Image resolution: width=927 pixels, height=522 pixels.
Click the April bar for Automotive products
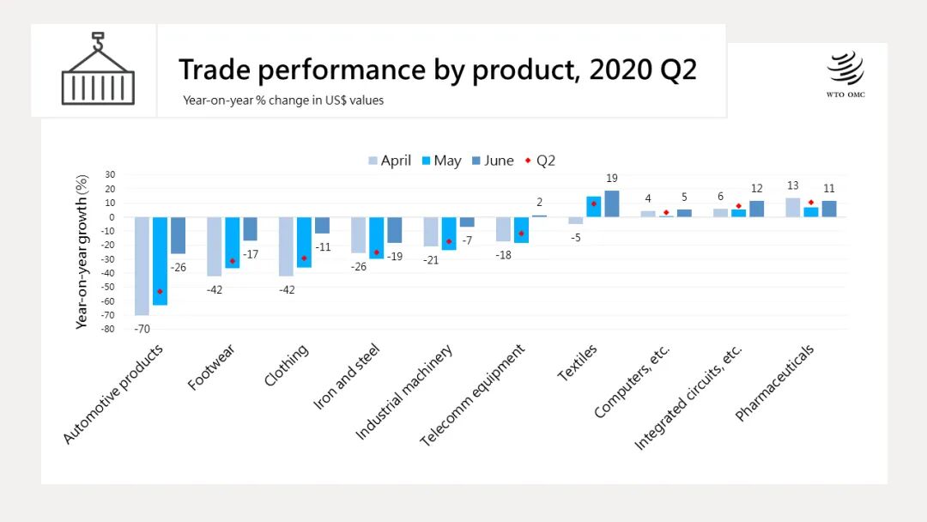tap(142, 266)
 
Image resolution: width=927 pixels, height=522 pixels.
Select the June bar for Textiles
tap(612, 203)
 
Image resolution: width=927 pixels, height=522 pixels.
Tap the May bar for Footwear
tap(232, 243)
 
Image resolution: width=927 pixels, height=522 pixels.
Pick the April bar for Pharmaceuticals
tap(792, 208)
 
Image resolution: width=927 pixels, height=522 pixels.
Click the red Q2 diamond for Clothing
tap(304, 258)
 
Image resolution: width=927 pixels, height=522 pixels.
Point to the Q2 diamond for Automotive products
tap(160, 292)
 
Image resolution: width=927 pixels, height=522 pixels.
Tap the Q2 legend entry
tap(540, 161)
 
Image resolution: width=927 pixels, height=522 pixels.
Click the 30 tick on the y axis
tap(110, 175)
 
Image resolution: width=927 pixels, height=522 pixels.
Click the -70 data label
tap(142, 329)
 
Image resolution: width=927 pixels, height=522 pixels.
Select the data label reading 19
tap(612, 179)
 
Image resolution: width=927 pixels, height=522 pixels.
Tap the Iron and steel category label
tap(347, 378)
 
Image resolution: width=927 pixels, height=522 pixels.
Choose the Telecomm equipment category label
tap(472, 396)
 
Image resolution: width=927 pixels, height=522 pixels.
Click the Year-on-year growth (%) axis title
tap(82, 252)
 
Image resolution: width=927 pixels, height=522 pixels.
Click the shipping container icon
tap(98, 70)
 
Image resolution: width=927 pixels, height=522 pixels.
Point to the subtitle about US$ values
tap(283, 100)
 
